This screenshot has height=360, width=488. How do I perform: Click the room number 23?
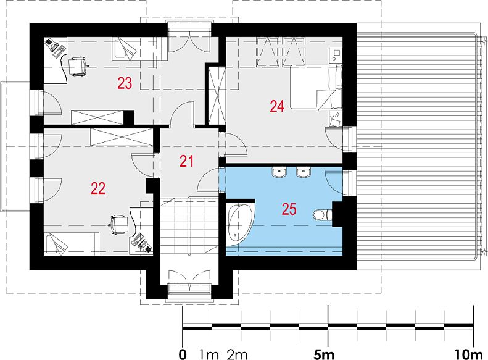coord(125,83)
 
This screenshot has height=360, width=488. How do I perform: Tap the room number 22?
coord(98,188)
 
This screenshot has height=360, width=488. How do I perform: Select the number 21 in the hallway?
coord(186,161)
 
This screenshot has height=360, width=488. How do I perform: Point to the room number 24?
coord(277,106)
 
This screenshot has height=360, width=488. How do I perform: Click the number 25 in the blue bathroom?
coord(289,209)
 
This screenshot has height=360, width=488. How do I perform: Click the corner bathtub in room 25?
coord(240,224)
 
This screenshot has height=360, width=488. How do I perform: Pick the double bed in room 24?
coord(316,87)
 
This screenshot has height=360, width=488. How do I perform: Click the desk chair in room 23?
coord(77,66)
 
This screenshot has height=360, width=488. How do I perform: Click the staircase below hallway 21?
coord(189,226)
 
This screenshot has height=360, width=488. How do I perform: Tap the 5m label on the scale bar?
coord(324,354)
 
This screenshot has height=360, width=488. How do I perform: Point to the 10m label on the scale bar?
coord(468,354)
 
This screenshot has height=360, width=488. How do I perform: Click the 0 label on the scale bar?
coord(183,354)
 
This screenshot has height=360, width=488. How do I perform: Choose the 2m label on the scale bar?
coord(237,354)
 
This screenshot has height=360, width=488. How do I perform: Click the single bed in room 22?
coord(72,244)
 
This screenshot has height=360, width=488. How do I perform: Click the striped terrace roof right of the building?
coord(417,146)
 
